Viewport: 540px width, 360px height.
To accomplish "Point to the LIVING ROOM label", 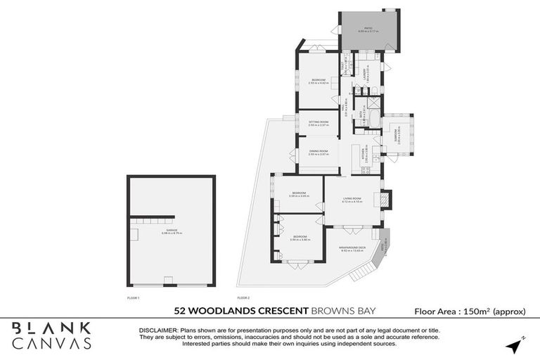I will [x=352, y=200].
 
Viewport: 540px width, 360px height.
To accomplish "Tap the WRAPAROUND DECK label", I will [x=352, y=248].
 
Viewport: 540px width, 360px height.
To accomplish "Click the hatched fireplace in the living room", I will [x=383, y=200].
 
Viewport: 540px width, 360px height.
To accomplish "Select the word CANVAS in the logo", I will [x=52, y=344].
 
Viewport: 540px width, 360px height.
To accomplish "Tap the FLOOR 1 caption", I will [x=133, y=298].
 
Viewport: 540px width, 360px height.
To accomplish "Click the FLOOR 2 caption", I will [x=243, y=298].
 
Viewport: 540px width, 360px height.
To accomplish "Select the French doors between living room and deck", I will [x=349, y=227].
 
